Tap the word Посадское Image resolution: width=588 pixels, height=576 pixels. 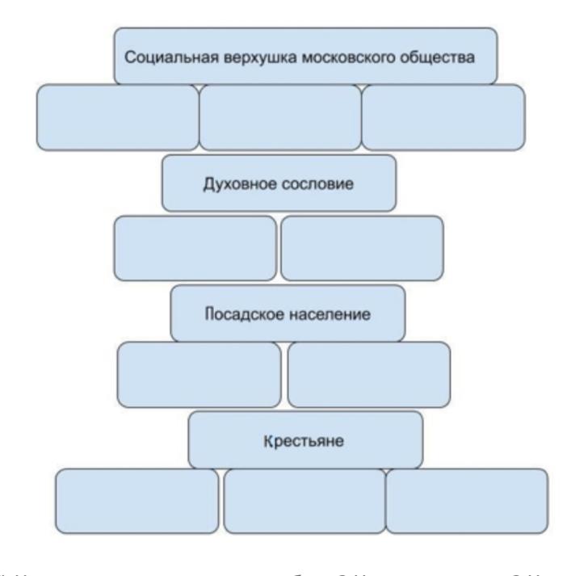pos(241,313)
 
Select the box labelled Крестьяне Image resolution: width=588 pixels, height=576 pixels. pos(305,441)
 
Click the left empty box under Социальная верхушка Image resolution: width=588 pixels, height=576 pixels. pos(118,117)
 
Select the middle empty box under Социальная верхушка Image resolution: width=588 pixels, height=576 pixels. pos(279,117)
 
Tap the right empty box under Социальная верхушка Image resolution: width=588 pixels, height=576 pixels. pos(443,117)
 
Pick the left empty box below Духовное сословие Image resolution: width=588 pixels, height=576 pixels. pos(196,247)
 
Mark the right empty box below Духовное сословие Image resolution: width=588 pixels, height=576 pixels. pos(361,247)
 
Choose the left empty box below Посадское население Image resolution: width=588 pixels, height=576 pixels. pos(199,374)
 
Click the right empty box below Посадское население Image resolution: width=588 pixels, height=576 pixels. pos(369,374)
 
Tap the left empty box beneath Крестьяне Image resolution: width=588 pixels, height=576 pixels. pos(136,501)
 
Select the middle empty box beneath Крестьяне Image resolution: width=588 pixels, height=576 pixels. pos(304,501)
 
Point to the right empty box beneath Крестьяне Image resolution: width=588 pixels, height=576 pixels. pos(467,501)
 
